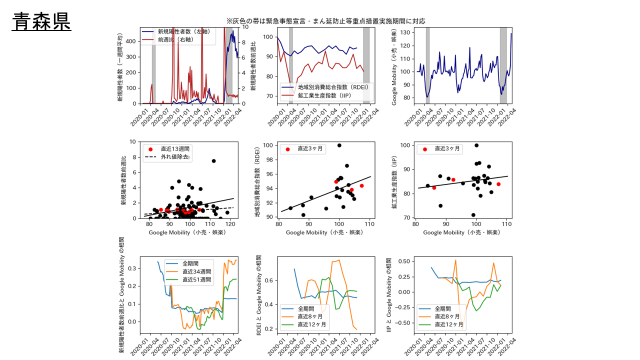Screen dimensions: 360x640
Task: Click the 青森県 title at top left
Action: [x=42, y=22]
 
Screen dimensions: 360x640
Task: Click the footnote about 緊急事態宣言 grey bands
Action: [x=325, y=21]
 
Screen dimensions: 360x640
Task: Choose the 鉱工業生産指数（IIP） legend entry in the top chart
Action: [x=325, y=95]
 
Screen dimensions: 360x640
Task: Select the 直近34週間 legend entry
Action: [x=195, y=271]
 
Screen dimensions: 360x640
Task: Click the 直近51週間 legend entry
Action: [x=195, y=279]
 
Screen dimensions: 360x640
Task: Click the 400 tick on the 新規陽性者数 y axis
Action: [x=131, y=41]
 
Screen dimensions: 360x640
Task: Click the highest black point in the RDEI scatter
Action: [x=339, y=145]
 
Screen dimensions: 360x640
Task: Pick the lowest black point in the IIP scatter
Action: [x=473, y=215]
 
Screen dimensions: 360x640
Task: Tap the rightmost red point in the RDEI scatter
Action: [x=361, y=186]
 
